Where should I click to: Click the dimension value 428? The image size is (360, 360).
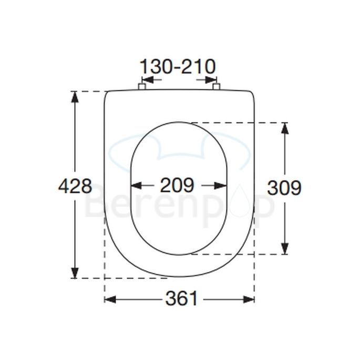tap(75, 186)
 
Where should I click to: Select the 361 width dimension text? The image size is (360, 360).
tap(182, 299)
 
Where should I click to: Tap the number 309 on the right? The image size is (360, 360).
tap(284, 187)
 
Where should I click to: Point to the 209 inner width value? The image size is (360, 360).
tap(177, 185)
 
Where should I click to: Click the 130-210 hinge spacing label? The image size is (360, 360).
tap(177, 67)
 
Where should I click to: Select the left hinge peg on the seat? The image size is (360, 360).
tap(141, 86)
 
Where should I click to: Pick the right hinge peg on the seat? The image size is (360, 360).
tap(216, 86)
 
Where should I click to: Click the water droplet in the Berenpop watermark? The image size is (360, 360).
tap(241, 205)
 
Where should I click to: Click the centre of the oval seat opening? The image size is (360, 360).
tap(179, 188)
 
